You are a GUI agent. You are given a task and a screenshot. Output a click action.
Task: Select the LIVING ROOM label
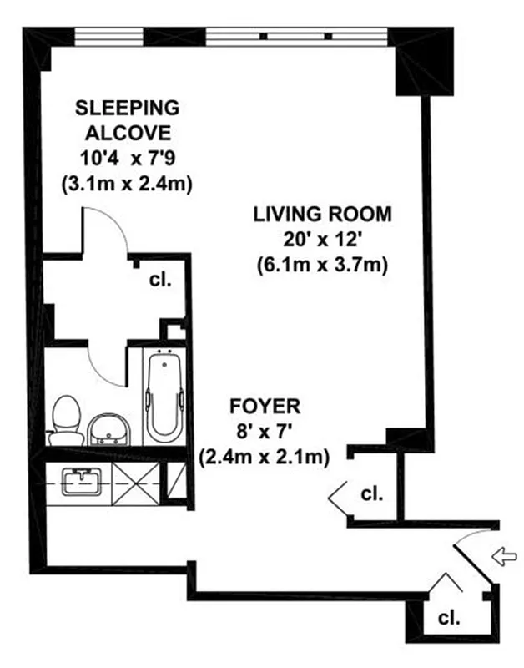[x=322, y=213]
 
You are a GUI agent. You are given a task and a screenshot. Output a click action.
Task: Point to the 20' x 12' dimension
[x=322, y=240]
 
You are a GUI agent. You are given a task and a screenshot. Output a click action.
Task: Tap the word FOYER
[x=264, y=407]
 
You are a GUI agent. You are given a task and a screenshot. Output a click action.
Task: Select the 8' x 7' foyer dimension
[x=264, y=433]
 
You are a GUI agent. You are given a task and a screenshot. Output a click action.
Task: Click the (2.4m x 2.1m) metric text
[x=264, y=457]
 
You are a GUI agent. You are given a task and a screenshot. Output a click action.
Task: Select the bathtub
[x=164, y=396]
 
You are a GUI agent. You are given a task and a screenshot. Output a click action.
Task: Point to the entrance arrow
[x=505, y=557]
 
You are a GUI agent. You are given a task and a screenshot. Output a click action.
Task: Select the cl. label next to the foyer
[x=372, y=493]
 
